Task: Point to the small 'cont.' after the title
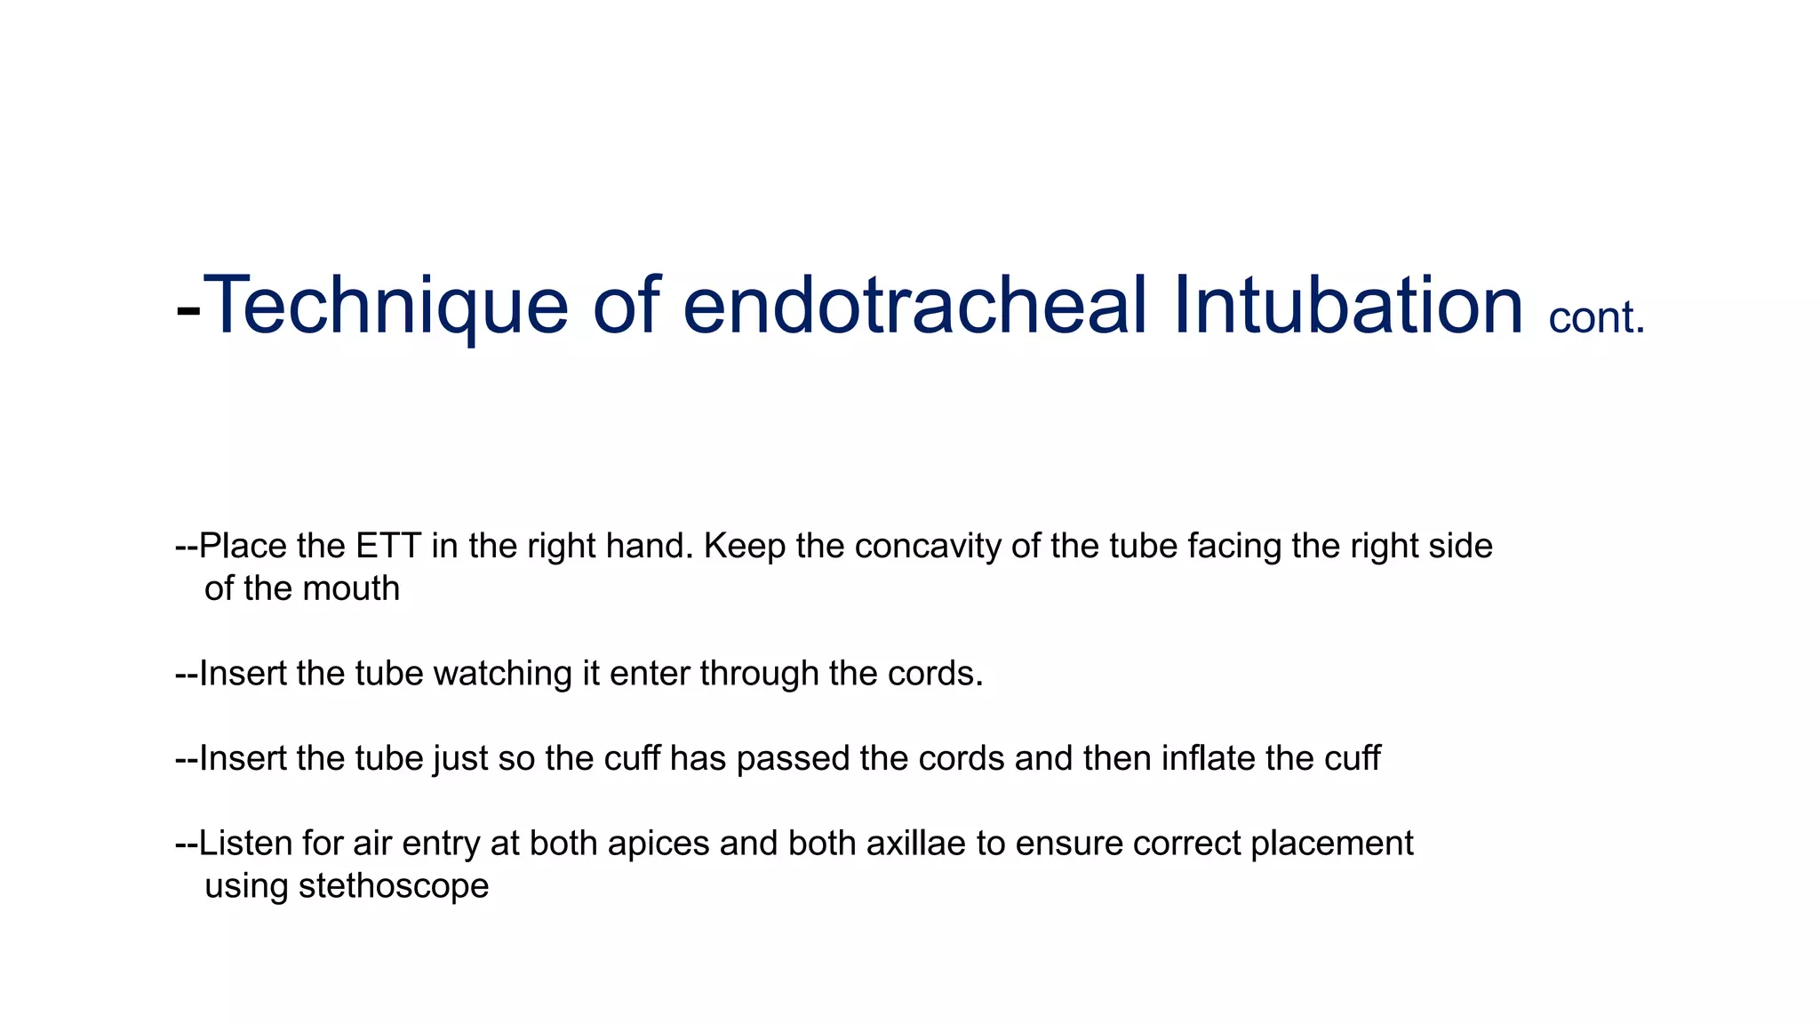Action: tap(1597, 318)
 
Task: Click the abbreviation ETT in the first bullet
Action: tap(388, 546)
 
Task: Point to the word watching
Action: tap(503, 674)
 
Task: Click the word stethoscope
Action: tap(394, 886)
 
